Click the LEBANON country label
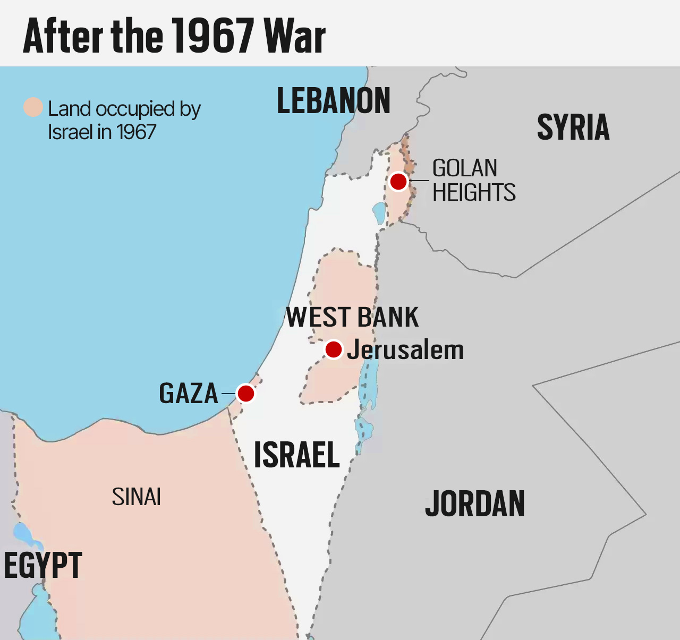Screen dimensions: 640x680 334,101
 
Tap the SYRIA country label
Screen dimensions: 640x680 573,127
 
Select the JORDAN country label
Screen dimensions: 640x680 475,504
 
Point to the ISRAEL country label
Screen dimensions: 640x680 296,455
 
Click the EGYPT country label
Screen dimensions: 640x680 43,565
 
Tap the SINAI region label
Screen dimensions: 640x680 137,497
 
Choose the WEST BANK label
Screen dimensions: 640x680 352,318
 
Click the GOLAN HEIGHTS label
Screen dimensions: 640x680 473,181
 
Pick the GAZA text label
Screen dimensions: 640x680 189,394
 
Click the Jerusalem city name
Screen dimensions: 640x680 405,350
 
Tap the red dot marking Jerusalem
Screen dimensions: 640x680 333,349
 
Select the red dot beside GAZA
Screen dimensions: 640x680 246,394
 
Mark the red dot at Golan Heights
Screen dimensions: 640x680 398,182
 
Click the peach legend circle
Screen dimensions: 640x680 33,107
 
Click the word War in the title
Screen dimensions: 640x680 295,36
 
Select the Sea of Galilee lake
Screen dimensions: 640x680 379,213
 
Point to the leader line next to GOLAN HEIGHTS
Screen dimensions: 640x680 420,181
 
